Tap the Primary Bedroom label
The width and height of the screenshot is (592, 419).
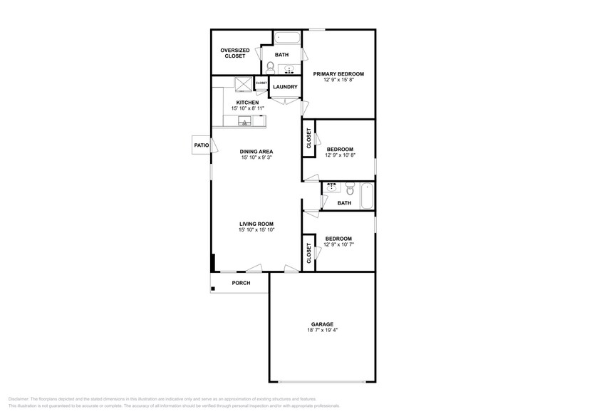click(339, 74)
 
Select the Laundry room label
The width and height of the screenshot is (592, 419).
click(285, 88)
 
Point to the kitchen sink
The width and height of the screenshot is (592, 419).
click(245, 123)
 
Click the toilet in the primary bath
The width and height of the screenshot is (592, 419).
click(271, 68)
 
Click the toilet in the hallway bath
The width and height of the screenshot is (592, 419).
click(349, 190)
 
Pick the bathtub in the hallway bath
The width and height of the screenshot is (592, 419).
click(367, 195)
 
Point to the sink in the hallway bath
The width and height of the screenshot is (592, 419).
click(331, 187)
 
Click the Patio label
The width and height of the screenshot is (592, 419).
click(201, 145)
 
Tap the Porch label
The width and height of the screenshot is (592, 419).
click(241, 283)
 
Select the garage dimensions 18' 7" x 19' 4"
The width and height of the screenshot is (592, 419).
click(322, 331)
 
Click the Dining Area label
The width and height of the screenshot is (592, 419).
click(256, 151)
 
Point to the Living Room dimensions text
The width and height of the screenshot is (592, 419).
click(256, 230)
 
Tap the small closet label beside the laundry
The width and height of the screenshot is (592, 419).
click(261, 83)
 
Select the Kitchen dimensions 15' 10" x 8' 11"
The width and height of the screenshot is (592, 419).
click(247, 108)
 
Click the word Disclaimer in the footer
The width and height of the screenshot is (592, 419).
click(21, 399)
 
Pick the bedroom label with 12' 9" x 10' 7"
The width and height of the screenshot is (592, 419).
click(338, 239)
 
